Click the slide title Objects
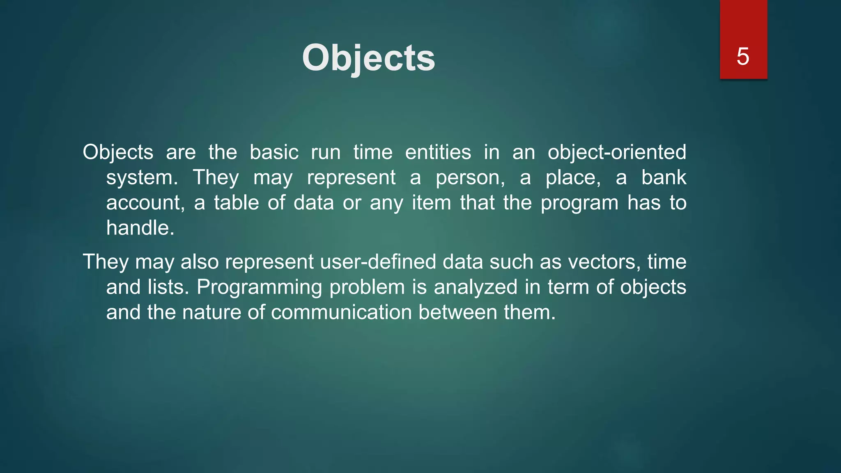coord(368,58)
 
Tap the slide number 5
coord(743,56)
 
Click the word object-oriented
coord(617,152)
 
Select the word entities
coord(438,152)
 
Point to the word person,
coord(470,178)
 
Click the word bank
coord(664,177)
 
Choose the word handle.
coord(140,228)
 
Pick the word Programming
coord(259,287)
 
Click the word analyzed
coord(476,287)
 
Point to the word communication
coord(341,312)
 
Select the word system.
coord(142,178)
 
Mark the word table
coord(236,203)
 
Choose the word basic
coord(274,152)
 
